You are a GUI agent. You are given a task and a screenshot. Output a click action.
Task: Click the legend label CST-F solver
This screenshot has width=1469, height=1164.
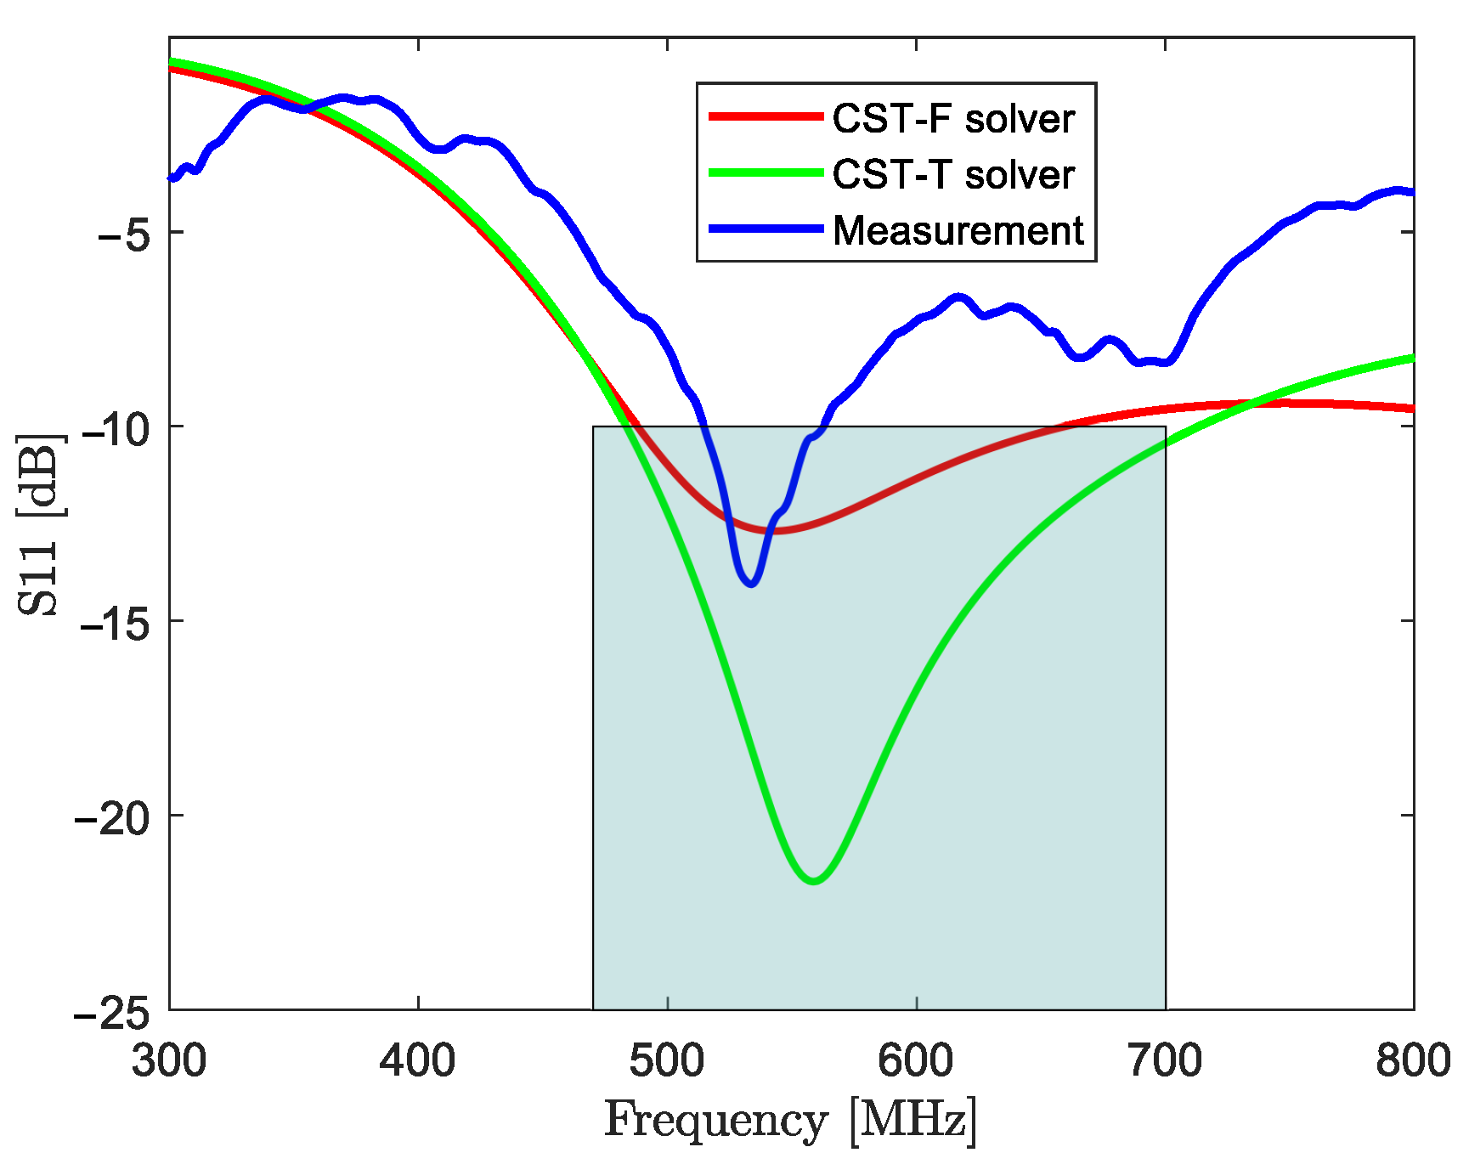pyautogui.click(x=953, y=118)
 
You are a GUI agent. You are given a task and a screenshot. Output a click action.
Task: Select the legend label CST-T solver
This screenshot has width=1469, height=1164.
pyautogui.click(x=953, y=174)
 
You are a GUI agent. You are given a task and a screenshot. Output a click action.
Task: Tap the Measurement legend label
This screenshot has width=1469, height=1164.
pyautogui.click(x=958, y=230)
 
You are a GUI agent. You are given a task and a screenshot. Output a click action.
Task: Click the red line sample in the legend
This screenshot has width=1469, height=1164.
pyautogui.click(x=766, y=116)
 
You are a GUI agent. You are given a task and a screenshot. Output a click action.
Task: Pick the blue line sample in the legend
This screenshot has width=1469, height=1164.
pyautogui.click(x=766, y=229)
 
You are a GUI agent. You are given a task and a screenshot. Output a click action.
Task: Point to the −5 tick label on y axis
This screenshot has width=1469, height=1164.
pyautogui.click(x=123, y=233)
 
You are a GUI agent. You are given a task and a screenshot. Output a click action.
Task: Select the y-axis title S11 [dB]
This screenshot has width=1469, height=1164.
pyautogui.click(x=41, y=524)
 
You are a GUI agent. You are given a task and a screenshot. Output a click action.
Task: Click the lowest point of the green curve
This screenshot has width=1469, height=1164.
pyautogui.click(x=814, y=881)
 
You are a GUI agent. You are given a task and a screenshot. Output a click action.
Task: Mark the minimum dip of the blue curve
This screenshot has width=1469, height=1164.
pyautogui.click(x=751, y=584)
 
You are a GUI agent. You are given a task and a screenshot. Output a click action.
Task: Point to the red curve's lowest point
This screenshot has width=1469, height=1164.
pyautogui.click(x=775, y=531)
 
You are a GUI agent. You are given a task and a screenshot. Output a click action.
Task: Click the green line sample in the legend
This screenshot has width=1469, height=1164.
pyautogui.click(x=766, y=172)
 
